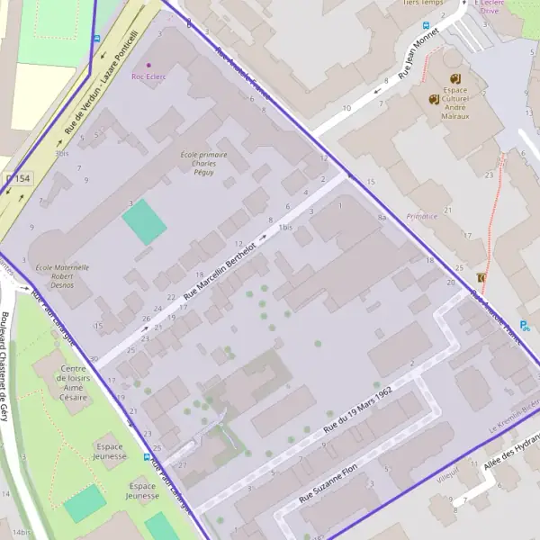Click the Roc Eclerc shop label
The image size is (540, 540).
(148, 76)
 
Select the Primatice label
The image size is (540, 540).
(421, 216)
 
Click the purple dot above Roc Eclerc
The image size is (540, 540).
(148, 65)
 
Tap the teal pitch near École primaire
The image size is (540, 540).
(144, 221)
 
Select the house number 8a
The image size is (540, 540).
(382, 218)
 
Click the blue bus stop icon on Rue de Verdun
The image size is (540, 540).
(96, 39)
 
